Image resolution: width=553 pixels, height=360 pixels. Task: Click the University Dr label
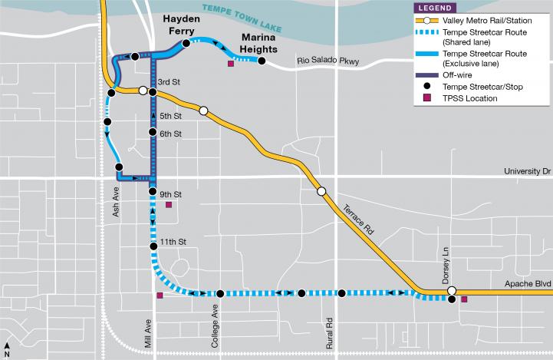(526, 172)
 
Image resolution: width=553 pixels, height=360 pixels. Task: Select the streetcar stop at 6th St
(153, 134)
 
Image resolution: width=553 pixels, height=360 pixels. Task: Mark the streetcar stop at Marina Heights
(262, 61)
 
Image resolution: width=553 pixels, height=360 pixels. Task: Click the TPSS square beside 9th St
(170, 205)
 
